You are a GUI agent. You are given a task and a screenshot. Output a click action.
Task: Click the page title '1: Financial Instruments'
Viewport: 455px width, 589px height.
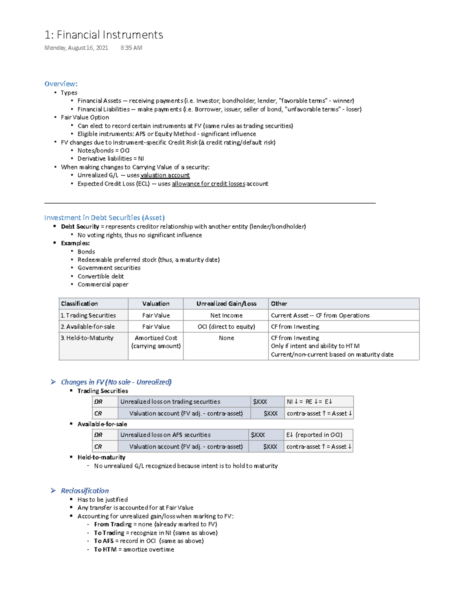(104, 35)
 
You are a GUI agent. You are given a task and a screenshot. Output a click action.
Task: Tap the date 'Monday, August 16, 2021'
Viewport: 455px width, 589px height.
(76, 48)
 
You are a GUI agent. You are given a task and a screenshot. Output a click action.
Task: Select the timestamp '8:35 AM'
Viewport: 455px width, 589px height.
(131, 48)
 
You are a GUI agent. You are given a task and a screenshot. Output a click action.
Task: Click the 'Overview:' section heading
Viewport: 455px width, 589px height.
(61, 84)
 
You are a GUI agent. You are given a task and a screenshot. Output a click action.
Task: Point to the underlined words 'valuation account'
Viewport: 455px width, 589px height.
(165, 175)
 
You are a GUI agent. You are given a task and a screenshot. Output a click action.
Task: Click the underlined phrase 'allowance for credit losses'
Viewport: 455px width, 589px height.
(208, 184)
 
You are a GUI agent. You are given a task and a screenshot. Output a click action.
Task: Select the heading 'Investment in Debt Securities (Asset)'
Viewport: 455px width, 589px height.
(104, 218)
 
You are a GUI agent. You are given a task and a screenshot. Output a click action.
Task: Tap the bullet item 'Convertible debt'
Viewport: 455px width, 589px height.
(100, 276)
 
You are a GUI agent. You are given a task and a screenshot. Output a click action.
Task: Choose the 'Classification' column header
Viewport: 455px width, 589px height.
(79, 303)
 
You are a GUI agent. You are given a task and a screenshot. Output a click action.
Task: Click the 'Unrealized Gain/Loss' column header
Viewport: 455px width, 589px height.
(226, 303)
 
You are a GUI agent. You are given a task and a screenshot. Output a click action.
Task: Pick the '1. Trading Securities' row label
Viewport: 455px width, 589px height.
(88, 315)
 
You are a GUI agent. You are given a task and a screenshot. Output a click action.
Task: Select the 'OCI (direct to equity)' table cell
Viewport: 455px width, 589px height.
(226, 327)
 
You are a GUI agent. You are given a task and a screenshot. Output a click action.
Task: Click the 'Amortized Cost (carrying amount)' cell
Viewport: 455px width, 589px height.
(156, 342)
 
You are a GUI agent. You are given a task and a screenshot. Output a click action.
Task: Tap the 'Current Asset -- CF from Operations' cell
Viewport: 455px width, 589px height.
(320, 315)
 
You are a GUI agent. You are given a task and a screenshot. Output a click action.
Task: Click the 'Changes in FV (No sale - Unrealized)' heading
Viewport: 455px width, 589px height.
(116, 382)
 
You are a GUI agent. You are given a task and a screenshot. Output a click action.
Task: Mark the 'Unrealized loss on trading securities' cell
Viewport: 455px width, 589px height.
(170, 402)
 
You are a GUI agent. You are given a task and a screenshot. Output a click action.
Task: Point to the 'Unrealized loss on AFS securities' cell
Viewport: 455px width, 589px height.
(165, 435)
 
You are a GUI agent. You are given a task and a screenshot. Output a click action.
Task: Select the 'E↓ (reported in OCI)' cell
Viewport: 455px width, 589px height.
(314, 435)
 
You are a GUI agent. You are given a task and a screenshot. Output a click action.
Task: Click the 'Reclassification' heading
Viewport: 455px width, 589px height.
(85, 491)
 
